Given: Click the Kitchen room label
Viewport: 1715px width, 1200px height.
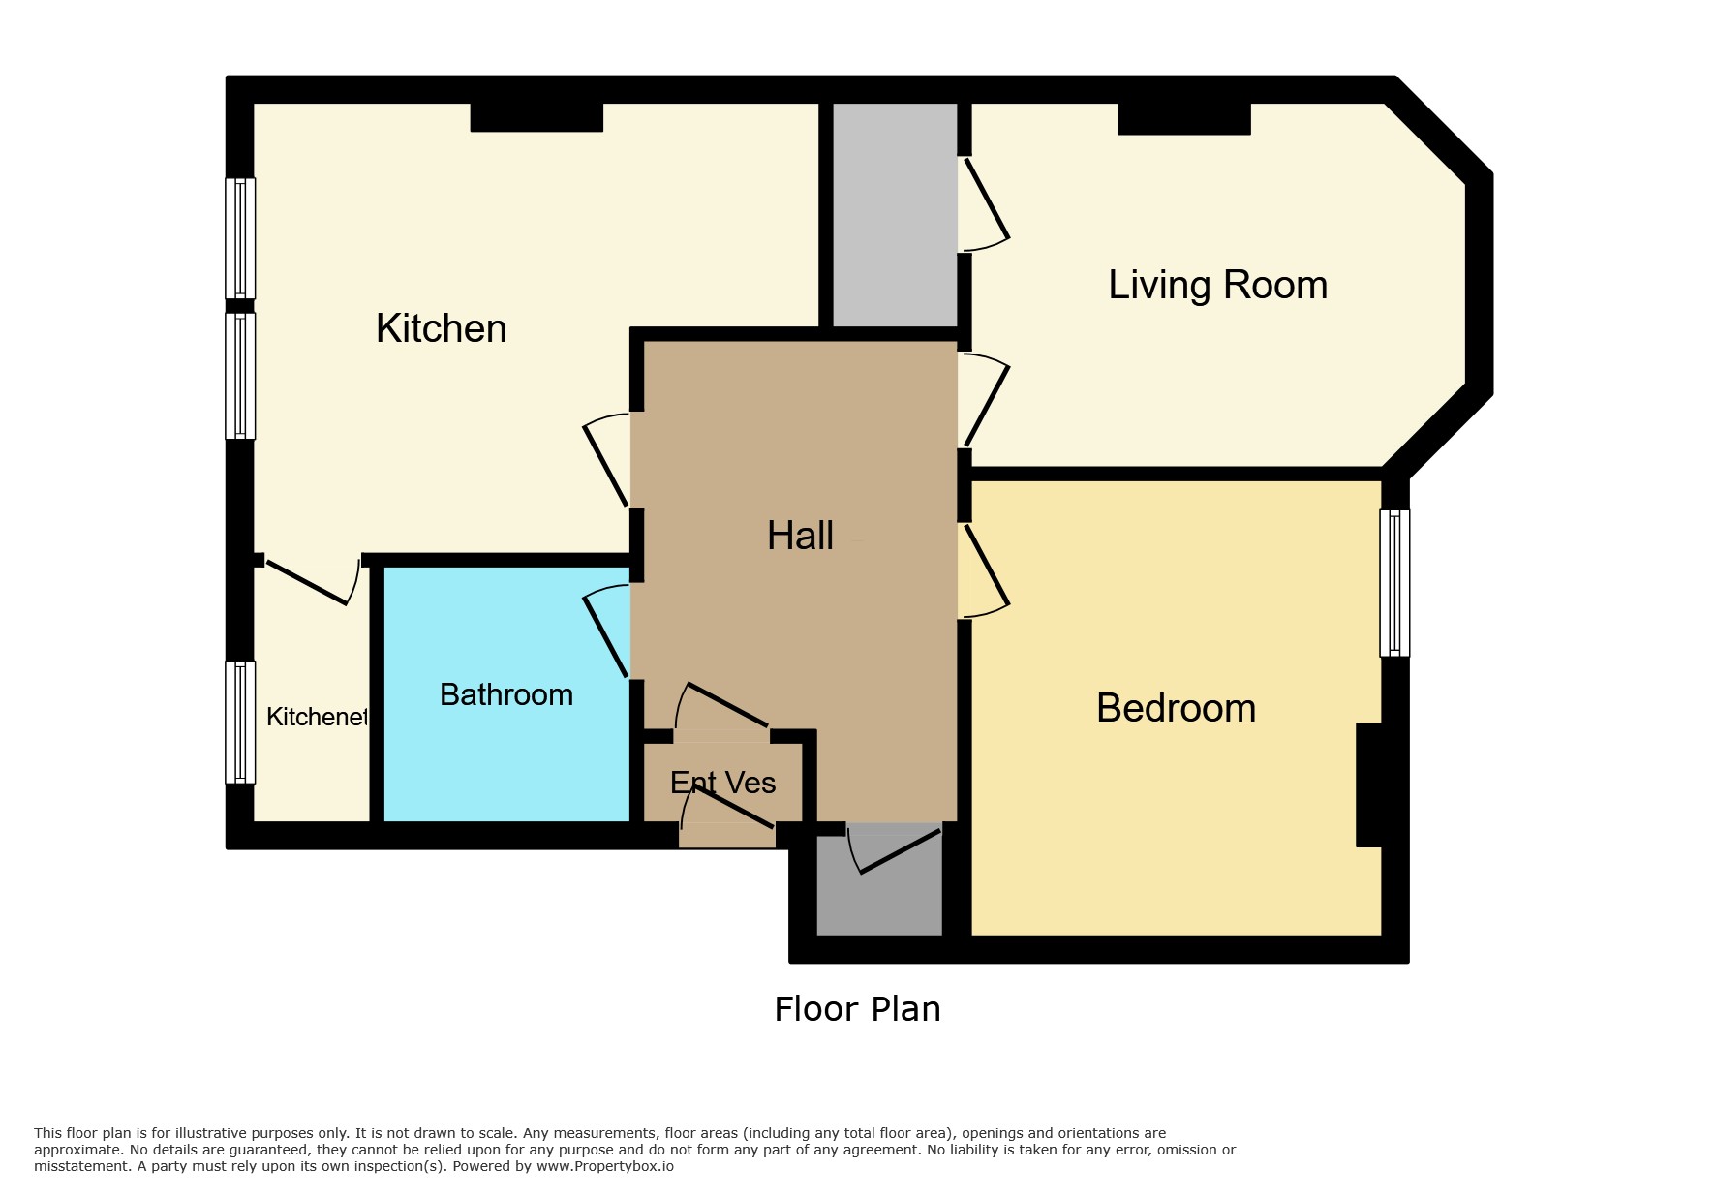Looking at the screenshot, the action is [441, 328].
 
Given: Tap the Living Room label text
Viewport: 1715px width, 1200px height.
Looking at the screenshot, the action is [1217, 285].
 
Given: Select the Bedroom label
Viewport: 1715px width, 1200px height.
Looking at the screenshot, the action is [1176, 708].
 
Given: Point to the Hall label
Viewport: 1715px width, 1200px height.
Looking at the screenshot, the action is [800, 536].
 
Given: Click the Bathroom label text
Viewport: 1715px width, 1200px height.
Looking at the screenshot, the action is [505, 694].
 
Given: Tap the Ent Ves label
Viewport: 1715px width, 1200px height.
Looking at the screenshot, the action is [722, 783].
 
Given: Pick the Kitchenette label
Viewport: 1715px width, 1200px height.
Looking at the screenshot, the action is [318, 717].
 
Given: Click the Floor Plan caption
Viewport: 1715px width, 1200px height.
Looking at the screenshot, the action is [857, 1009].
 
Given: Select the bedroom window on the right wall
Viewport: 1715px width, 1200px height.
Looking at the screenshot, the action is [1394, 583].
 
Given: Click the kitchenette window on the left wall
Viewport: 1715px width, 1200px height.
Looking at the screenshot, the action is [240, 722].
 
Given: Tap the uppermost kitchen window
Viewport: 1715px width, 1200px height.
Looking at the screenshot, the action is [240, 238].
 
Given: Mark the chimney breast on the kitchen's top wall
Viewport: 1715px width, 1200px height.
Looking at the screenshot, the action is [536, 117].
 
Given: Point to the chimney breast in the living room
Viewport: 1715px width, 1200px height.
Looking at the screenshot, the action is [1183, 118].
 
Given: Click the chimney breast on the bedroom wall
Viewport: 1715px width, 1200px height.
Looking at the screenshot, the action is [1368, 785].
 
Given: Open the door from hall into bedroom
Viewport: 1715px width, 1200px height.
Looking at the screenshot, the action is [984, 570].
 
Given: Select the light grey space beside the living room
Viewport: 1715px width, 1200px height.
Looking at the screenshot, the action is [895, 215].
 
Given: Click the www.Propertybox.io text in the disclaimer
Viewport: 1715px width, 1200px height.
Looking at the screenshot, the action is [604, 1166].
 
